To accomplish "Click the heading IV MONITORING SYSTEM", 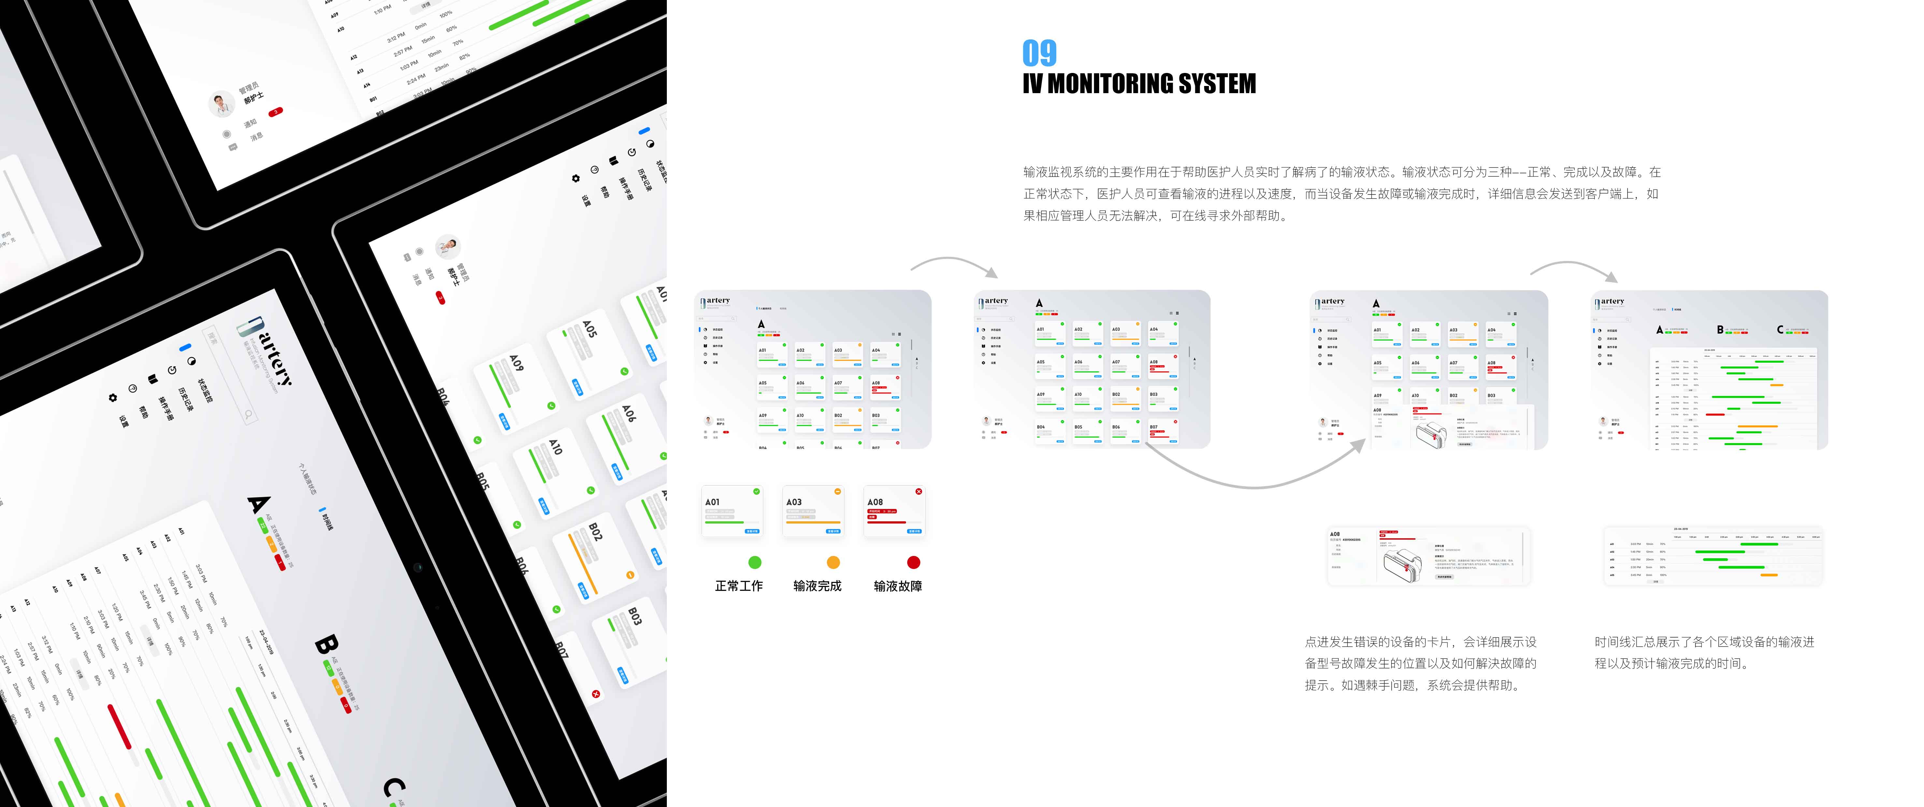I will tap(1139, 84).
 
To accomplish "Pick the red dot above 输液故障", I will tap(913, 562).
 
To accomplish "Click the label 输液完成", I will tap(817, 586).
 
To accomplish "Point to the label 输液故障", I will tap(898, 586).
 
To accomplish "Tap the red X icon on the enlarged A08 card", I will tap(919, 491).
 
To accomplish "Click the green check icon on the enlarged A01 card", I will tap(757, 491).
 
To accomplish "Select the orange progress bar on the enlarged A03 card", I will tap(812, 523).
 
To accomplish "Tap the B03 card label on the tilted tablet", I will tap(634, 616).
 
